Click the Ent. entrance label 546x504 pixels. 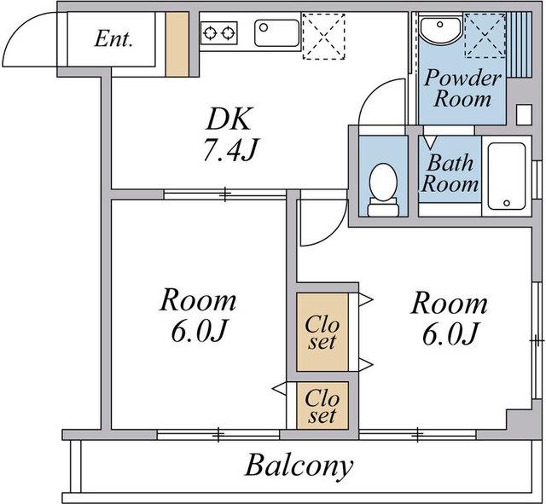pyautogui.click(x=113, y=38)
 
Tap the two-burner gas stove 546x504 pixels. pyautogui.click(x=219, y=33)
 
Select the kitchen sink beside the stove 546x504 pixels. pyautogui.click(x=276, y=33)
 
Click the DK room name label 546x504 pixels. pyautogui.click(x=229, y=119)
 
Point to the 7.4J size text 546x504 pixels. pyautogui.click(x=229, y=150)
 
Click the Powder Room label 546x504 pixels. pyautogui.click(x=462, y=88)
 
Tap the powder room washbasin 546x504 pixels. pyautogui.click(x=440, y=31)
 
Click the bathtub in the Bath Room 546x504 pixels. pyautogui.click(x=507, y=177)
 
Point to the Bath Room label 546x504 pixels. pyautogui.click(x=450, y=173)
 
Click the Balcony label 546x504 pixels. pyautogui.click(x=299, y=466)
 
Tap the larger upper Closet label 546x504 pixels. pyautogui.click(x=322, y=333)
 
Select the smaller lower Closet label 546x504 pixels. pyautogui.click(x=322, y=406)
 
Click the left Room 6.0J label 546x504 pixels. pyautogui.click(x=198, y=315)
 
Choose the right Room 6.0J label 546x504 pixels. pyautogui.click(x=450, y=317)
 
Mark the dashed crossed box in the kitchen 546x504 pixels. pyautogui.click(x=323, y=36)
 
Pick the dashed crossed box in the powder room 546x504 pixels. pyautogui.click(x=485, y=35)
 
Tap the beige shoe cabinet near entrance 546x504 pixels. pyautogui.click(x=177, y=43)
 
